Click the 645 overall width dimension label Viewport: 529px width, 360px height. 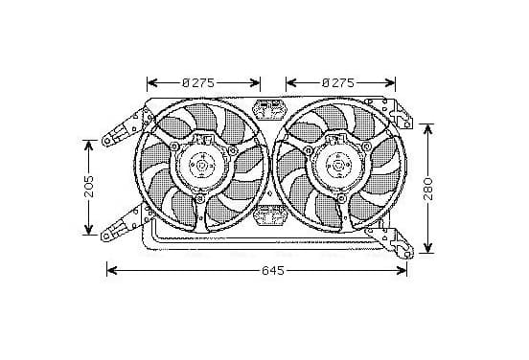[273, 271]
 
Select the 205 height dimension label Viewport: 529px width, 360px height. [89, 187]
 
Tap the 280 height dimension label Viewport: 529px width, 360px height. [427, 190]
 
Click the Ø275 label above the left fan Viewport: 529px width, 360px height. [198, 82]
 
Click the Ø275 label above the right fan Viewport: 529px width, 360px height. [338, 82]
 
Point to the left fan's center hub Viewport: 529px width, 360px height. [202, 166]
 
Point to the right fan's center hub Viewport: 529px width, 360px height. [338, 166]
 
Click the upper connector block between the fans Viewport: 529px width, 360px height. [270, 109]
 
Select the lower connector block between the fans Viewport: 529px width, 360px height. [270, 215]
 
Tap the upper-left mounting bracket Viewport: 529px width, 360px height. [127, 126]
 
